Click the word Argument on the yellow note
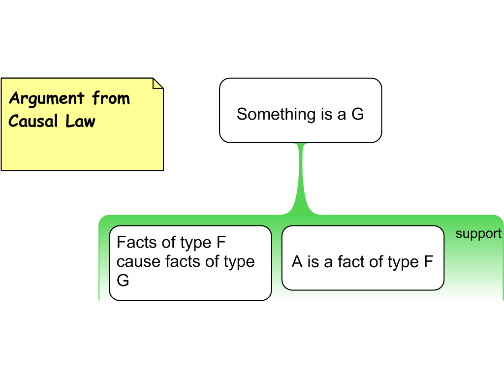47,98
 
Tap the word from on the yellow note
111,98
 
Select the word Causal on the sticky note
33,121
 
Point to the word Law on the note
80,121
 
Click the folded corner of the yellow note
158,83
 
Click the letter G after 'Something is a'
357,114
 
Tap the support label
478,234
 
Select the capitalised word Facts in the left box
137,242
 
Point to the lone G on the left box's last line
123,280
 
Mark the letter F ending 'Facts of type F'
221,242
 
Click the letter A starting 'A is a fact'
297,262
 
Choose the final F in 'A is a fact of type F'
429,262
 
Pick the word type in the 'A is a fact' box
403,263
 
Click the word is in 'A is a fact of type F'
313,262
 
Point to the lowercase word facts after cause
183,261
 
